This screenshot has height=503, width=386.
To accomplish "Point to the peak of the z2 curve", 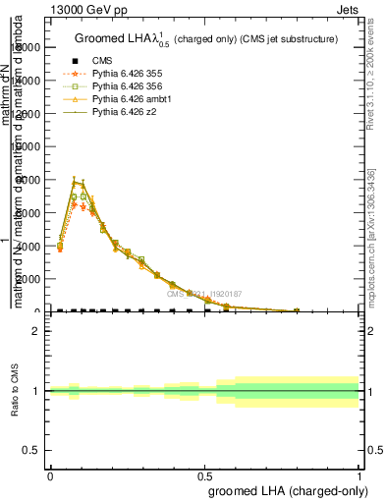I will [75, 181].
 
